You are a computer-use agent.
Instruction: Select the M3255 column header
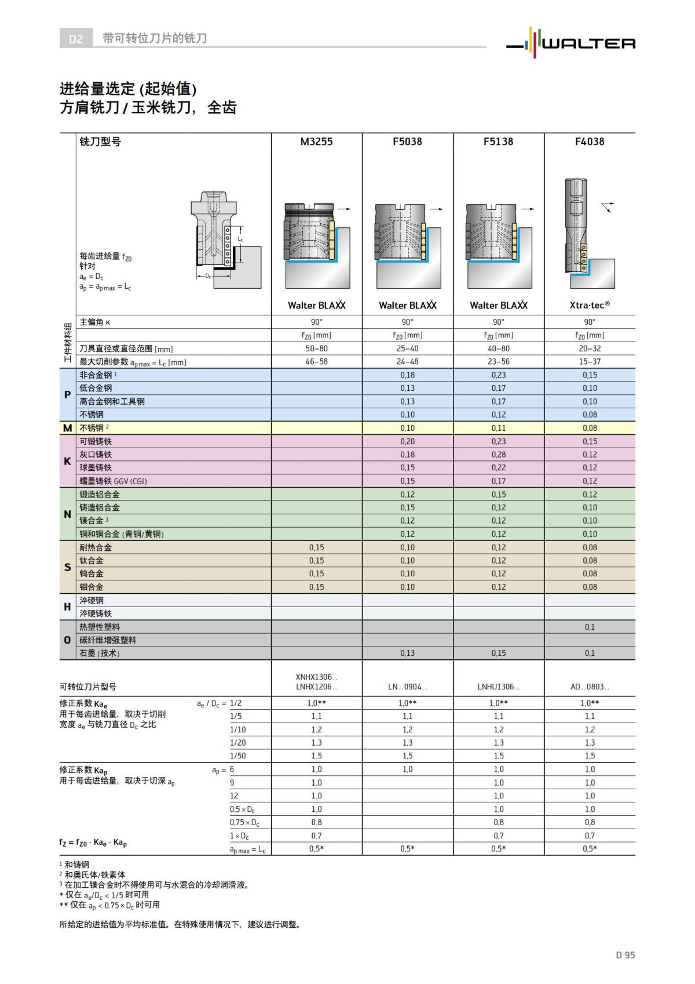click(316, 141)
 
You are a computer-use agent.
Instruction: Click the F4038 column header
click(589, 141)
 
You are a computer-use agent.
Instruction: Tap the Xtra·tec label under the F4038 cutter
click(589, 305)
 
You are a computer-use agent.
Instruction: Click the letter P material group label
click(67, 395)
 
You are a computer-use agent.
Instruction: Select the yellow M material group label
click(67, 428)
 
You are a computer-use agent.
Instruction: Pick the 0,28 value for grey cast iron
click(498, 455)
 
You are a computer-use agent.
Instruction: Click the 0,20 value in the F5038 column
click(407, 441)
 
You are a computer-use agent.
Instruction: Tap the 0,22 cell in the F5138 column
click(498, 468)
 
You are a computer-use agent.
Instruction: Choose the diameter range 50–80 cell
click(316, 348)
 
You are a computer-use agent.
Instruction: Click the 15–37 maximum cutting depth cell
click(589, 362)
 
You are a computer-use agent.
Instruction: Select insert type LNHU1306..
click(498, 687)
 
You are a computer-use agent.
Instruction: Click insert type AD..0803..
click(589, 687)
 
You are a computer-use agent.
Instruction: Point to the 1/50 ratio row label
click(238, 756)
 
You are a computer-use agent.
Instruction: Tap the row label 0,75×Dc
click(244, 822)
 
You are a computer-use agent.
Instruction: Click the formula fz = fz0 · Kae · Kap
click(93, 843)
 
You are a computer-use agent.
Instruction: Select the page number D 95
click(625, 955)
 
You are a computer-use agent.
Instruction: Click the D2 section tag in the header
click(76, 39)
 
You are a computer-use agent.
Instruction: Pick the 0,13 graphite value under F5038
click(407, 653)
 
